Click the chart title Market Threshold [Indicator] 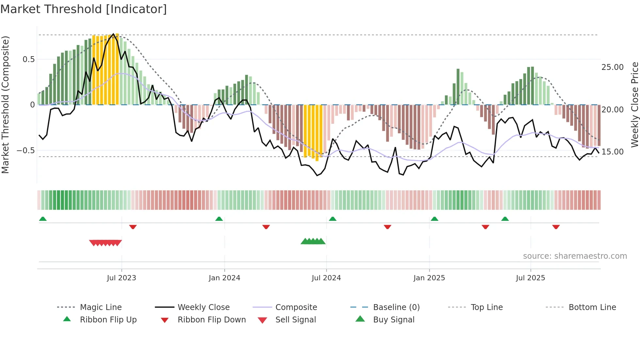[x=84, y=9]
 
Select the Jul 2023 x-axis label [x=121, y=278]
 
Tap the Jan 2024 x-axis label [x=224, y=278]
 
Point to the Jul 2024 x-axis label [x=326, y=278]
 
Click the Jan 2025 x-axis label [x=429, y=278]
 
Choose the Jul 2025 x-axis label [x=531, y=278]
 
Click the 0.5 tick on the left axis [x=28, y=59]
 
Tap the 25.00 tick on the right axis [x=613, y=67]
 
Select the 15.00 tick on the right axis [x=613, y=152]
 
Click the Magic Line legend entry [x=101, y=307]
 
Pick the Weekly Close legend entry [x=203, y=307]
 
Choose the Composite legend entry [x=296, y=307]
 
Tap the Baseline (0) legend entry [x=396, y=307]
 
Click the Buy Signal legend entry [x=393, y=320]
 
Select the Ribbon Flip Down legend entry [x=212, y=320]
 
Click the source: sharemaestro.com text [x=575, y=256]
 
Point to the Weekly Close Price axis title [x=634, y=105]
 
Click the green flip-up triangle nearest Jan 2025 [x=434, y=219]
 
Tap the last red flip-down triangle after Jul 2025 [x=556, y=227]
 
